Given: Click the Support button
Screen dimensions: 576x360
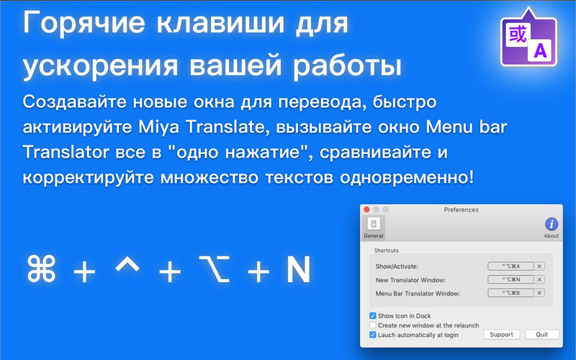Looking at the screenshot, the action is pyautogui.click(x=501, y=335).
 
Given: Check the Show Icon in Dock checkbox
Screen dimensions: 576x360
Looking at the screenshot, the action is pyautogui.click(x=372, y=315).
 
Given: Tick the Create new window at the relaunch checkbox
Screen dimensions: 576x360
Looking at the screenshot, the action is pyautogui.click(x=372, y=325).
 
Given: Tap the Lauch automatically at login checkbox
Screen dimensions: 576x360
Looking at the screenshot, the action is pyautogui.click(x=372, y=335).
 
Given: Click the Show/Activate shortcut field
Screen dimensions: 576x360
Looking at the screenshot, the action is pyautogui.click(x=510, y=266).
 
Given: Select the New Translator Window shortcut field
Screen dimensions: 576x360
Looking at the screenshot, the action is pyautogui.click(x=510, y=279).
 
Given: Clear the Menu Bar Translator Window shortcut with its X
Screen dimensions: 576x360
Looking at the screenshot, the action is pyautogui.click(x=539, y=293).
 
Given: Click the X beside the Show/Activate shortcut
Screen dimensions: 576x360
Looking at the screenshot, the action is pyautogui.click(x=539, y=266).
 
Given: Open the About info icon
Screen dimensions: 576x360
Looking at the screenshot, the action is pyautogui.click(x=552, y=224).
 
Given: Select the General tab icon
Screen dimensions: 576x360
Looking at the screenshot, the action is pyautogui.click(x=374, y=224).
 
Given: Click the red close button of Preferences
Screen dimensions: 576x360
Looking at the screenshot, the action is pyautogui.click(x=366, y=210).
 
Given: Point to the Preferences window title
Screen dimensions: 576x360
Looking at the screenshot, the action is pyautogui.click(x=461, y=210).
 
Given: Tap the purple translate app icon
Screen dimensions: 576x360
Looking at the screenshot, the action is pyautogui.click(x=528, y=37).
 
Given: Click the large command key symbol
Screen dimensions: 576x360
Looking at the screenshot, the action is pyautogui.click(x=42, y=269).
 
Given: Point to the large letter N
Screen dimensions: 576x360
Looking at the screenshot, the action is pyautogui.click(x=298, y=269).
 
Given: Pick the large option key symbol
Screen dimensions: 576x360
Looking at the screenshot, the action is pyautogui.click(x=215, y=269).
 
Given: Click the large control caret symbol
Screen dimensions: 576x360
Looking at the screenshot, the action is pyautogui.click(x=127, y=264).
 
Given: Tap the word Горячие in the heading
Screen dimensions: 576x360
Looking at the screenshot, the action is pyautogui.click(x=84, y=23).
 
